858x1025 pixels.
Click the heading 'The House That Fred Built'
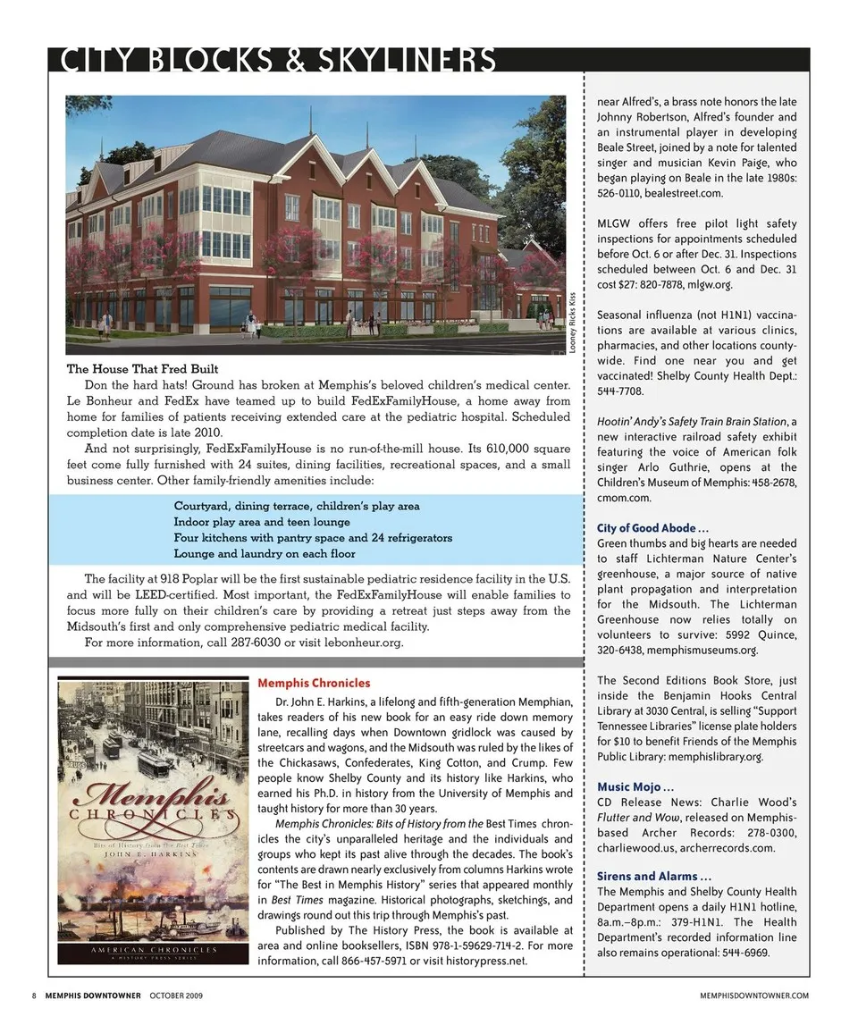click(143, 369)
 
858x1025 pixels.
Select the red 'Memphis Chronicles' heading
click(314, 684)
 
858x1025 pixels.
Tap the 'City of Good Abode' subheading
click(652, 528)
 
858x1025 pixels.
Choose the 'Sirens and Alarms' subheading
click(653, 876)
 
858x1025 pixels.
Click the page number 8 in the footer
click(33, 996)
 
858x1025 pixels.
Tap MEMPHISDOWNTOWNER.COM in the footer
click(754, 996)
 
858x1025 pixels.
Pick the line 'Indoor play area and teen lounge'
click(262, 522)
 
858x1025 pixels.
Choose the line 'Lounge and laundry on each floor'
click(264, 554)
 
